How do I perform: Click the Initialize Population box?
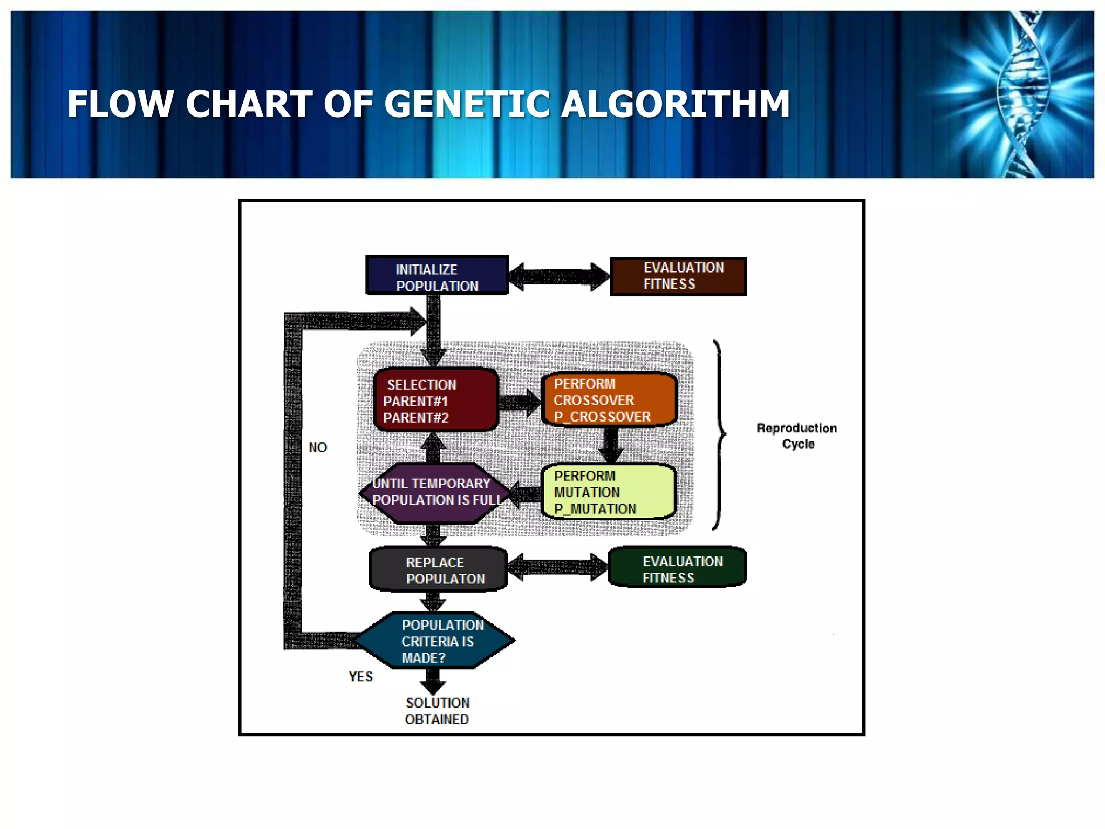437,275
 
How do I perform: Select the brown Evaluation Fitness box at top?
678,276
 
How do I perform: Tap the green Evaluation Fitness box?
677,567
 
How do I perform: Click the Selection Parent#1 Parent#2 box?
435,400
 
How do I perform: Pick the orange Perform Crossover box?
609,400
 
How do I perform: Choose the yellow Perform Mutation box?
608,492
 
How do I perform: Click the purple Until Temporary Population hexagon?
435,493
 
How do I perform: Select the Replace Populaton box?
438,570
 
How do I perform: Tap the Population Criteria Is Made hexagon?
435,641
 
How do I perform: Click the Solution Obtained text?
437,711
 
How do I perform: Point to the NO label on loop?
317,447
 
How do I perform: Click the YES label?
360,677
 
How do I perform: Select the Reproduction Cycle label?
797,436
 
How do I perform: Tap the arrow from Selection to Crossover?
519,402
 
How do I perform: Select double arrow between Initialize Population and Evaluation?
559,277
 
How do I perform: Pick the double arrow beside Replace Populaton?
557,567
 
